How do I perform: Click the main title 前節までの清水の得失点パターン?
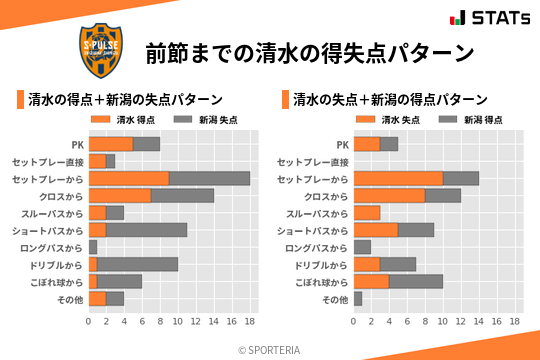(308, 51)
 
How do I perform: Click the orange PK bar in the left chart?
(111, 144)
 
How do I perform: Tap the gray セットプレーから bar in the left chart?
(209, 178)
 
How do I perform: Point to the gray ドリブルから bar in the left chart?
(138, 264)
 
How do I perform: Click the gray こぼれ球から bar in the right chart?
(416, 281)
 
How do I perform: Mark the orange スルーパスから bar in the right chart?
(367, 213)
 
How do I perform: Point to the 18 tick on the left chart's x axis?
(250, 322)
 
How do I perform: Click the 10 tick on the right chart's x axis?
(443, 322)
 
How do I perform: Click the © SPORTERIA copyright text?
(270, 348)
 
